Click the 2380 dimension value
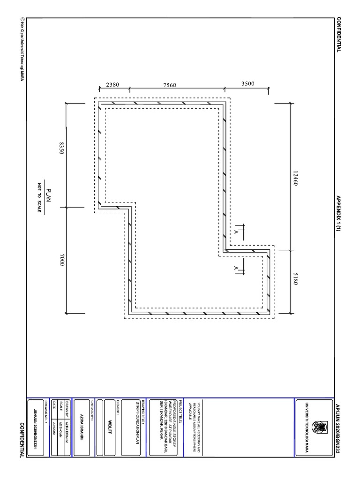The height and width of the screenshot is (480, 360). click(112, 85)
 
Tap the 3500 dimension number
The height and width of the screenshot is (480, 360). click(247, 84)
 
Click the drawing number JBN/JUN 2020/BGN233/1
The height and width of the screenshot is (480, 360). click(36, 427)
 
